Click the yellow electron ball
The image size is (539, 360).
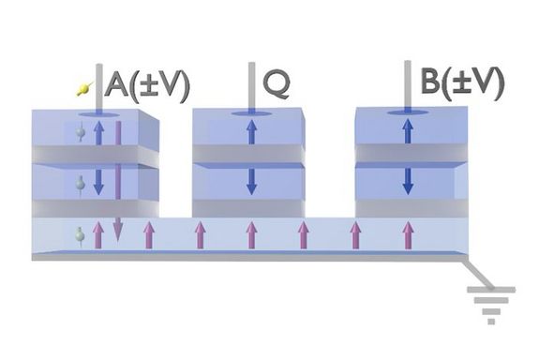pyautogui.click(x=84, y=90)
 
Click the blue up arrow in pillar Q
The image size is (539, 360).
pyautogui.click(x=251, y=130)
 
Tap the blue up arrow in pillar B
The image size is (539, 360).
pyautogui.click(x=407, y=130)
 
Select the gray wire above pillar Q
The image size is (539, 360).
pyautogui.click(x=251, y=84)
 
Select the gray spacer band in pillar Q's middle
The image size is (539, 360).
pyautogui.click(x=251, y=154)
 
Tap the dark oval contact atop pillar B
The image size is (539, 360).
pyautogui.click(x=407, y=114)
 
